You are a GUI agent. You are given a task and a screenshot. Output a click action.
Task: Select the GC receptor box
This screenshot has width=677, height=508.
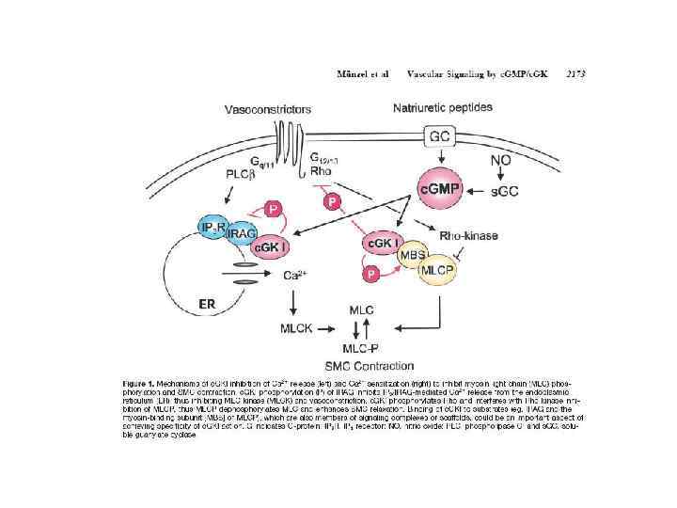439,136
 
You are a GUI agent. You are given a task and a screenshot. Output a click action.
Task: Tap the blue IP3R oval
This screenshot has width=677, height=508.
213,228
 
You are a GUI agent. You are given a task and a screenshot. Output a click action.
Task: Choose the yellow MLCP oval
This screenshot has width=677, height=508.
438,269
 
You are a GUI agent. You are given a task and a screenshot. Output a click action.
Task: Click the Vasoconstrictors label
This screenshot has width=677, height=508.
267,110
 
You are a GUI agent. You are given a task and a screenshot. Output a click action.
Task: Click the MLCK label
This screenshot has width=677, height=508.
298,328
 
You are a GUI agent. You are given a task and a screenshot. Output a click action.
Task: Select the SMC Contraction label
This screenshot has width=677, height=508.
368,365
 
